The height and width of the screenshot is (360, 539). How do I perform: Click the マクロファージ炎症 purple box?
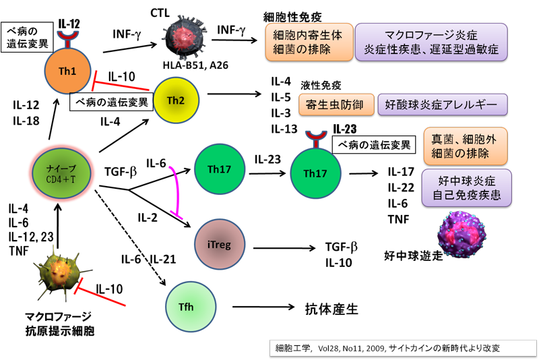click(x=431, y=41)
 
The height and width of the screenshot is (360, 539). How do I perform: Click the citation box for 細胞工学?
click(x=398, y=349)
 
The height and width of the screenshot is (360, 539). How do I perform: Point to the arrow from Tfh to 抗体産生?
click(x=259, y=309)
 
